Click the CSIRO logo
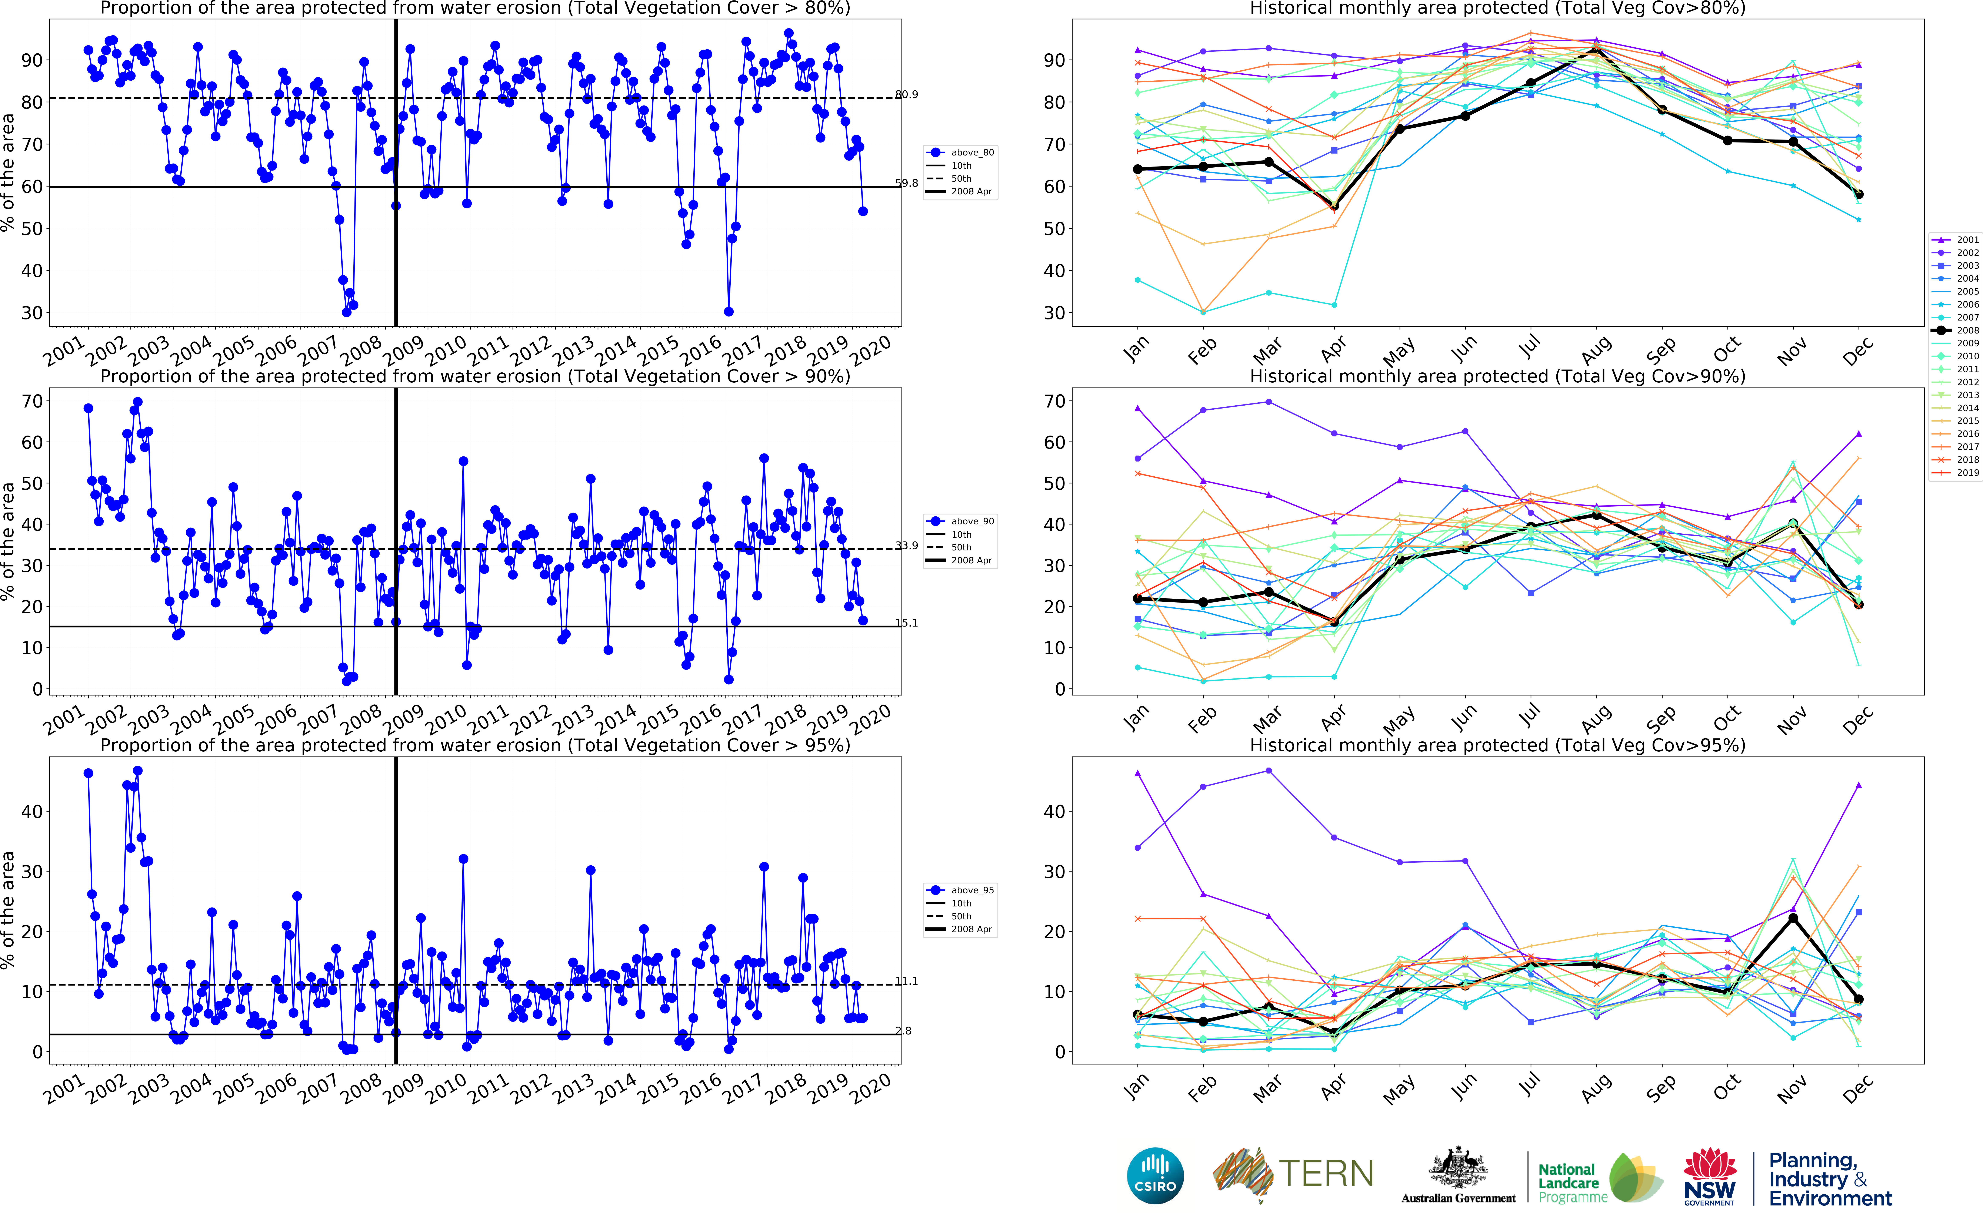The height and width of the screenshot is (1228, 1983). (1154, 1176)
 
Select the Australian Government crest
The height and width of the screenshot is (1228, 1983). (1458, 1170)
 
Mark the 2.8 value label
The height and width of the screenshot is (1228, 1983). (903, 1031)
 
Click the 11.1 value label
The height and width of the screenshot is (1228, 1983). (907, 981)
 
